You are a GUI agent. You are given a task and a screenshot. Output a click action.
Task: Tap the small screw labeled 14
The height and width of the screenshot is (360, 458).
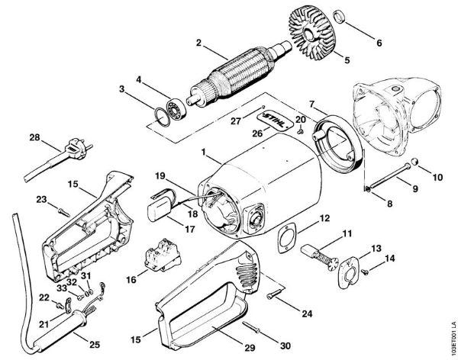coord(367,271)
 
